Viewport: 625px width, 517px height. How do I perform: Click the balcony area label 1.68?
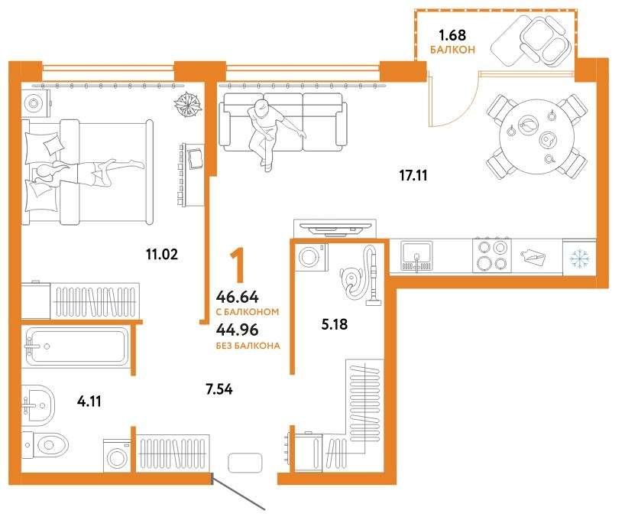[452, 35]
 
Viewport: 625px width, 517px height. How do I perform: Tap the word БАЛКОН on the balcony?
[452, 50]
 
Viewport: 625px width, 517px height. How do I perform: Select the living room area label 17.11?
[413, 175]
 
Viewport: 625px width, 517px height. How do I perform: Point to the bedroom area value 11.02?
[162, 254]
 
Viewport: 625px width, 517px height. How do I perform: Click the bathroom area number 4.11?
[89, 402]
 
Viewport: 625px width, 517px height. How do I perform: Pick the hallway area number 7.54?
[219, 389]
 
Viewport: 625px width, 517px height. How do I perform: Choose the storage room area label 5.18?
[335, 324]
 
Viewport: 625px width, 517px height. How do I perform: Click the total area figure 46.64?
[237, 298]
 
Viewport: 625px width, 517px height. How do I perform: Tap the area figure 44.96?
[237, 330]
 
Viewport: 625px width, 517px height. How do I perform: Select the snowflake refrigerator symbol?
[579, 257]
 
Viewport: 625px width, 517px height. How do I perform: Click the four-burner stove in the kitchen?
[492, 255]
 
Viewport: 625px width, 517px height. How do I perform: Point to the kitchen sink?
[416, 256]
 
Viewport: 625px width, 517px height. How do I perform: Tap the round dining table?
[536, 136]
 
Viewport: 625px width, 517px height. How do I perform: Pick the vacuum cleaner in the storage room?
[361, 276]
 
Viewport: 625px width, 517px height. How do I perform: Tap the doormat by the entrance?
[245, 463]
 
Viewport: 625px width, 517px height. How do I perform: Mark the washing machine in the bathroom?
[117, 456]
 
